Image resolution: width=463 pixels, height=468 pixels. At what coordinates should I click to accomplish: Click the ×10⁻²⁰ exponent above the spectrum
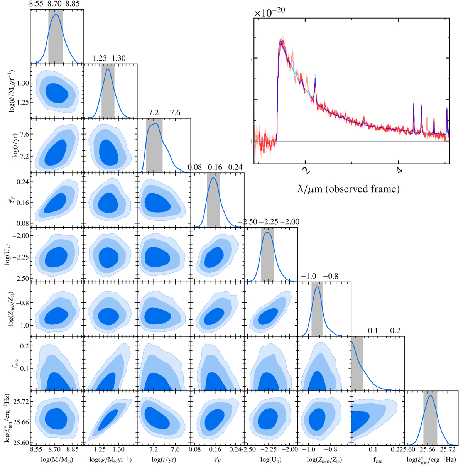coord(269,12)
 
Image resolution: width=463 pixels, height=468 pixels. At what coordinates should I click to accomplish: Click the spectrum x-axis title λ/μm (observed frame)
coord(348,189)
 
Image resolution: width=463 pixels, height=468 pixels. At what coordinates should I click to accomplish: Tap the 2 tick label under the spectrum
coord(305,170)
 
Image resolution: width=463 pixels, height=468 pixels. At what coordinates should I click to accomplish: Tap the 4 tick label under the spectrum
coord(399,170)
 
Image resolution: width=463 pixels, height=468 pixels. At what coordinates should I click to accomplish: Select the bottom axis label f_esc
coord(378,460)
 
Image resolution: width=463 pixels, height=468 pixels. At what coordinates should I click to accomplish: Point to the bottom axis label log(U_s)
coord(271,460)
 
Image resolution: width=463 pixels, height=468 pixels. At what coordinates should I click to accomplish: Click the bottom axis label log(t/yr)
coord(162,460)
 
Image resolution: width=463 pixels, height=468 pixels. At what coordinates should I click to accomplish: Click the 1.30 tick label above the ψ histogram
coord(118,59)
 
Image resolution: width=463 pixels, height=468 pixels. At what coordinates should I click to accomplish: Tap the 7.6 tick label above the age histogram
coord(175,113)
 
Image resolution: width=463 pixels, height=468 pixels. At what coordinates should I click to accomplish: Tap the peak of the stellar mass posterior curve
coord(56,14)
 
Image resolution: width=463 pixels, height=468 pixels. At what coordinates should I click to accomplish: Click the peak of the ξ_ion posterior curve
coord(431,395)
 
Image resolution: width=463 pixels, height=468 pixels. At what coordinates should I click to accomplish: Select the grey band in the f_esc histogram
coord(357,363)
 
